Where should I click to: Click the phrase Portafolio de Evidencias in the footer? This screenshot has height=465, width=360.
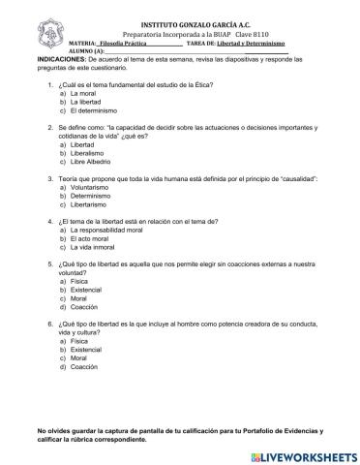pyautogui.click(x=285, y=429)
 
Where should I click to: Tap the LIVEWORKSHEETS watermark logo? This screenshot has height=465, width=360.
pyautogui.click(x=300, y=453)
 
